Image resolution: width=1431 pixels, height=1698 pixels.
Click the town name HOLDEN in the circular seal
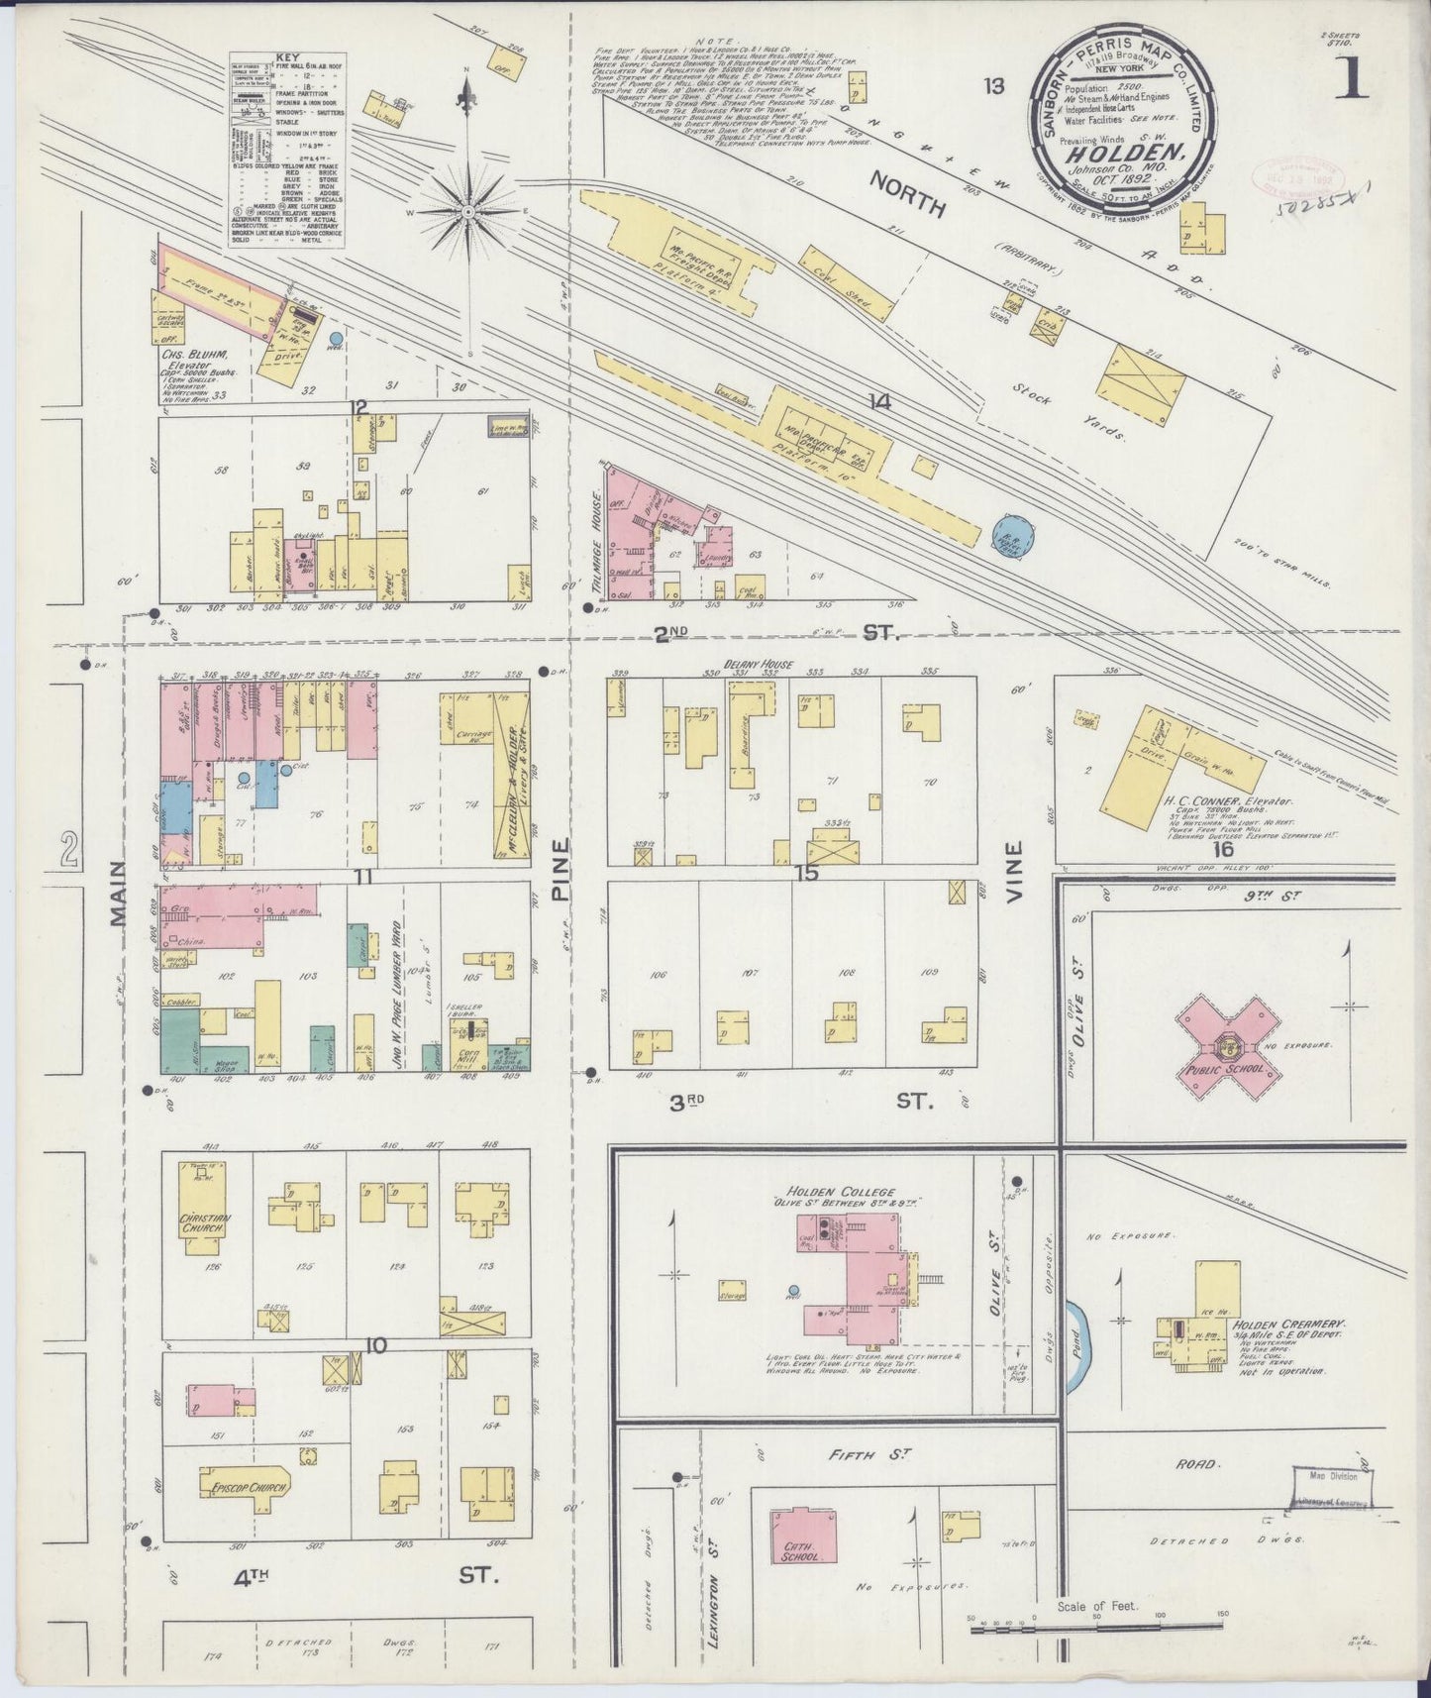(1124, 154)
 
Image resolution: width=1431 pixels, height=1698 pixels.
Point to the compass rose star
(466, 210)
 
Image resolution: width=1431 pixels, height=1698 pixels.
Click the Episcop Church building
(244, 1487)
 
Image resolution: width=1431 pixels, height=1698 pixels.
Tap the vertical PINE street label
(562, 872)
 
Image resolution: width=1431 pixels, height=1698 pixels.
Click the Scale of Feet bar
(1096, 1625)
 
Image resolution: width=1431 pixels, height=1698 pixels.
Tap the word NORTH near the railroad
(908, 193)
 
